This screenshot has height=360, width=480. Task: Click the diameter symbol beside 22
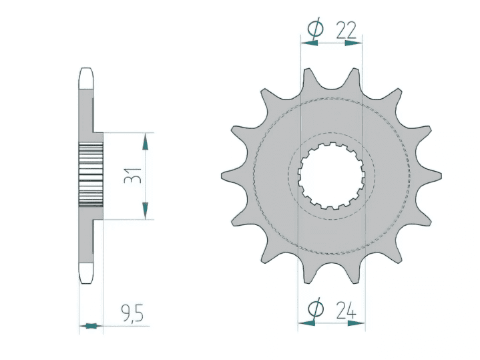pyautogui.click(x=315, y=29)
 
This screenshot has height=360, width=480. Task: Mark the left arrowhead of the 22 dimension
pyautogui.click(x=308, y=43)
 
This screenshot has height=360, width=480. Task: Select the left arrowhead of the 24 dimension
pyautogui.click(x=306, y=323)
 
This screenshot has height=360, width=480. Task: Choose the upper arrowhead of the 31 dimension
pyautogui.click(x=145, y=140)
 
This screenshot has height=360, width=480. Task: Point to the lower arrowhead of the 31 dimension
pyautogui.click(x=145, y=212)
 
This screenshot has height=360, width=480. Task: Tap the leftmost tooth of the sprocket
pyautogui.click(x=228, y=176)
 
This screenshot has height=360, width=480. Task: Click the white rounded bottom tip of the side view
pyautogui.click(x=87, y=274)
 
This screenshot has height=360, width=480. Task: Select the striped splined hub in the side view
pyautogui.click(x=91, y=176)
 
